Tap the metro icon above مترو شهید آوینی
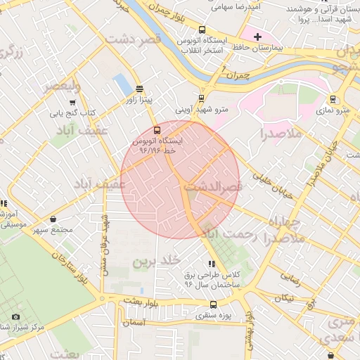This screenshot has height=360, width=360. (202, 98)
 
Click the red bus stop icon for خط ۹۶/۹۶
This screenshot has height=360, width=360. (156, 129)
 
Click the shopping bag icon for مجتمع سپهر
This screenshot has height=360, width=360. (54, 219)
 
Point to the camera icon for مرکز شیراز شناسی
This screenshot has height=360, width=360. (15, 316)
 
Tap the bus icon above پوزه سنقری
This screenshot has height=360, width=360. (212, 305)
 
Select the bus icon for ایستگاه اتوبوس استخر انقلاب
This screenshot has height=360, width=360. (202, 30)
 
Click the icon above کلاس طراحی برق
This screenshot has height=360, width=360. (212, 264)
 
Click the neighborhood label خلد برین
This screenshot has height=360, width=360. (153, 262)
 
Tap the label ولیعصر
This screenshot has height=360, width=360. (62, 86)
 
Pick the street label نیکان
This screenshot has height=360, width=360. (284, 298)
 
